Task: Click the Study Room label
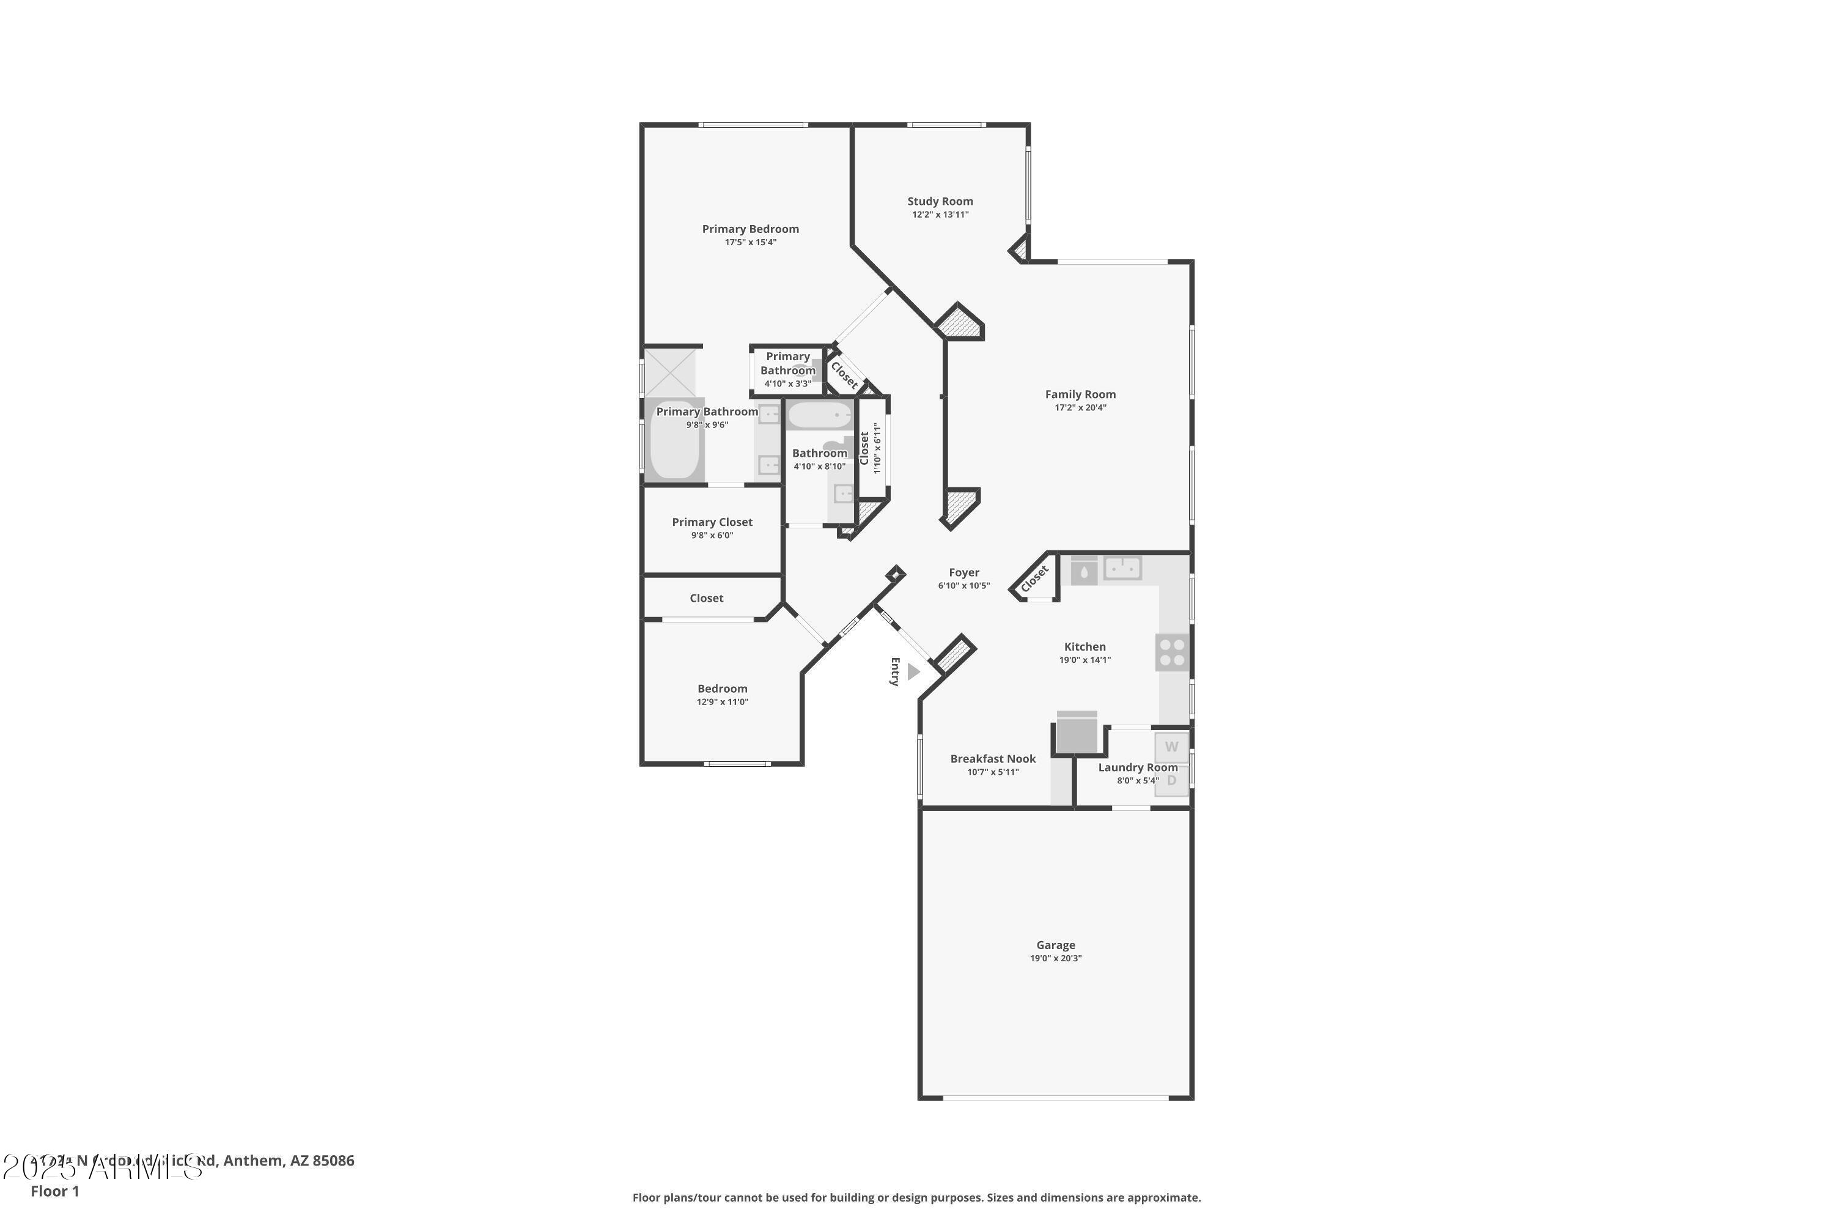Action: point(940,201)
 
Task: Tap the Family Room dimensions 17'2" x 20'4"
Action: point(1080,407)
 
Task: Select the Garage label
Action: point(1055,945)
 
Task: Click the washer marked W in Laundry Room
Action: point(1171,747)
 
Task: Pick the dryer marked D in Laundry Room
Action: point(1171,780)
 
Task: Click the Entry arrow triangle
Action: point(913,671)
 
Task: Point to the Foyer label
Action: point(964,572)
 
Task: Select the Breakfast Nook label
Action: point(993,759)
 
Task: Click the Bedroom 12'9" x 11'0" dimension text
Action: point(722,702)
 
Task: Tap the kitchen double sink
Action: point(1122,569)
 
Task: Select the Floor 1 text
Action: point(54,1191)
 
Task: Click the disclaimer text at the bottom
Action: point(916,1197)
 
